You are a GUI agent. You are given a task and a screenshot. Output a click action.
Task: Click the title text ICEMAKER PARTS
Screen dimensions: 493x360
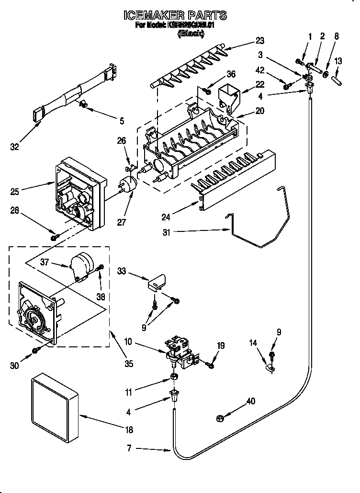click(175, 16)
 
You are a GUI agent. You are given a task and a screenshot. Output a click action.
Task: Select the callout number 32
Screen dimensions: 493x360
click(15, 147)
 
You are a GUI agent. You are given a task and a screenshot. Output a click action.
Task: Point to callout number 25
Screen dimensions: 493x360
click(15, 192)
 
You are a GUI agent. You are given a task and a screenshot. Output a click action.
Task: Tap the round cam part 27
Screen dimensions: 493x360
click(127, 185)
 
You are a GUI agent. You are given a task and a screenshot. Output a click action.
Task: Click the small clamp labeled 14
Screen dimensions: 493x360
click(270, 368)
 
